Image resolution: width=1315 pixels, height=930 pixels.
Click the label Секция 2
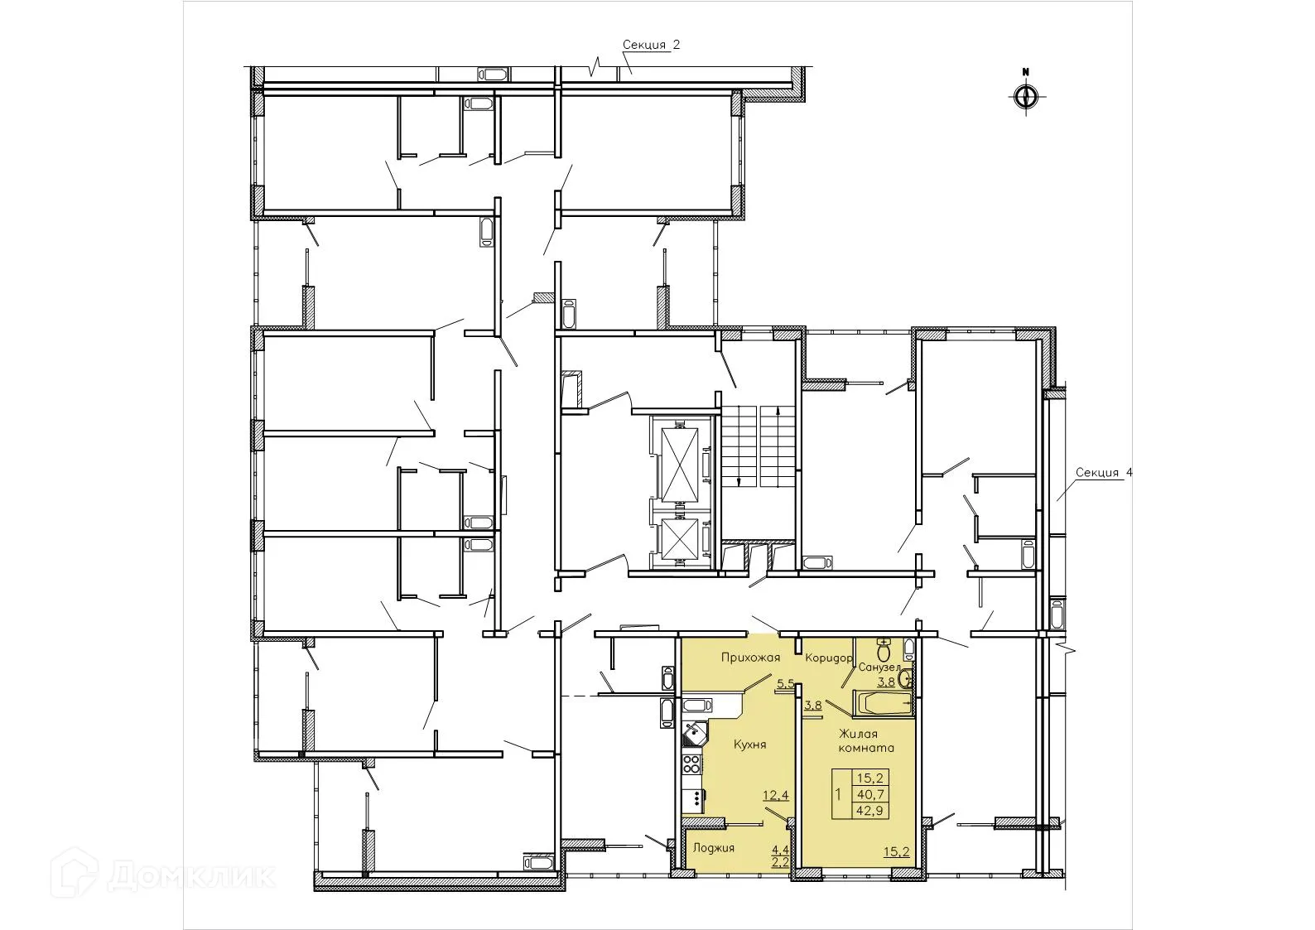[652, 45]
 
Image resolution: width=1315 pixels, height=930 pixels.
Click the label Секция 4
[1103, 473]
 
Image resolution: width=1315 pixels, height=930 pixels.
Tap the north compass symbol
[1025, 96]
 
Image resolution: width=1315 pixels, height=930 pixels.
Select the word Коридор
[828, 658]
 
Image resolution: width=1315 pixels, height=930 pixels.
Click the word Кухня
[749, 744]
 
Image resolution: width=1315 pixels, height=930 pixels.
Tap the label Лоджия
[714, 848]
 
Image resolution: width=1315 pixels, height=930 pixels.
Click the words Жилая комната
[866, 740]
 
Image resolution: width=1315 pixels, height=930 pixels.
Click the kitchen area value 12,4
[776, 796]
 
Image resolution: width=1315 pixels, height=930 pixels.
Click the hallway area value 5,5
[785, 684]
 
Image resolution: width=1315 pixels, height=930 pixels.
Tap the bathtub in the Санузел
[884, 705]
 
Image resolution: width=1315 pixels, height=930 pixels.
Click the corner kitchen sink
[692, 734]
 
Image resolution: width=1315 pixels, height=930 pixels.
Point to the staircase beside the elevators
[757, 446]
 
